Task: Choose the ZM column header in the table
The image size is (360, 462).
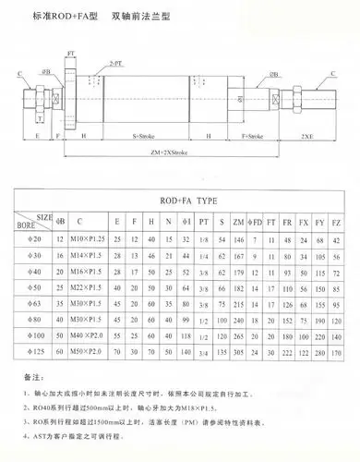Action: pos(237,222)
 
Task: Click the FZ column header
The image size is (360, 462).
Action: pos(338,222)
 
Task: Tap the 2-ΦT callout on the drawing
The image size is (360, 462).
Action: pos(116,62)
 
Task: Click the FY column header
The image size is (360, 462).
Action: pos(319,222)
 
